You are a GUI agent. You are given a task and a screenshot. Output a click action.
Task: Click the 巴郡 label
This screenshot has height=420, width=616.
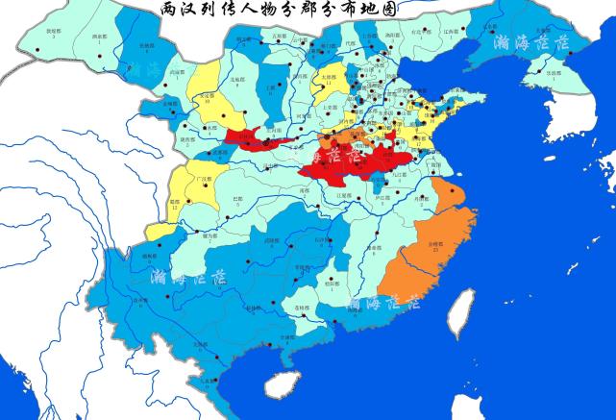pyautogui.click(x=236, y=198)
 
